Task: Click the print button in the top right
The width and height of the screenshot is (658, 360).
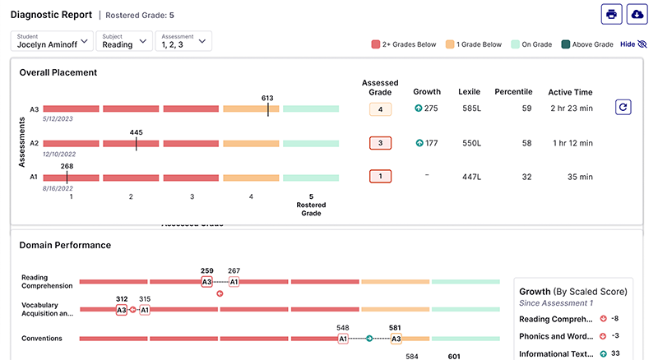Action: pos(611,14)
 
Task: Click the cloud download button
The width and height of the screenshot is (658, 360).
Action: pos(637,14)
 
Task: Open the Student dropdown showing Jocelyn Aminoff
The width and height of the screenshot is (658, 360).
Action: pos(51,41)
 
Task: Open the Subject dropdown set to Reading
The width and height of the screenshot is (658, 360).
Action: pos(123,41)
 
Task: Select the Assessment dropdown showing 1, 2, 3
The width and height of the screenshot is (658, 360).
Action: pos(183,41)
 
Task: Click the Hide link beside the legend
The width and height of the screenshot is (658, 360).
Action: pos(633,44)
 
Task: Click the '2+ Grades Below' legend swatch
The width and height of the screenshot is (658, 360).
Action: pos(376,44)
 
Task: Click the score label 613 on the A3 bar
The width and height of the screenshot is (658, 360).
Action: pos(267,98)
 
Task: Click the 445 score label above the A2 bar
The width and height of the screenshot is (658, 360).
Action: pos(137,132)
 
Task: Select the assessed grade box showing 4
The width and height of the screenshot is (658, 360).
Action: pos(380,108)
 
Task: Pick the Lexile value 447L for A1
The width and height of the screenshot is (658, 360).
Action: pos(472,177)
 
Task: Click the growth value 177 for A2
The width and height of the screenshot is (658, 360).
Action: pos(431,143)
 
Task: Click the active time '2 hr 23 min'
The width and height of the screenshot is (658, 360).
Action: pos(571,108)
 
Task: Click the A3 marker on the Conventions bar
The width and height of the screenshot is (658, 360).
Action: pos(396,338)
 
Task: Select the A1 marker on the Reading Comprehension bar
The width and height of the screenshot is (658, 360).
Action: pos(234,282)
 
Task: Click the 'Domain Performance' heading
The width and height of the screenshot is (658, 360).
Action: pos(65,245)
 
